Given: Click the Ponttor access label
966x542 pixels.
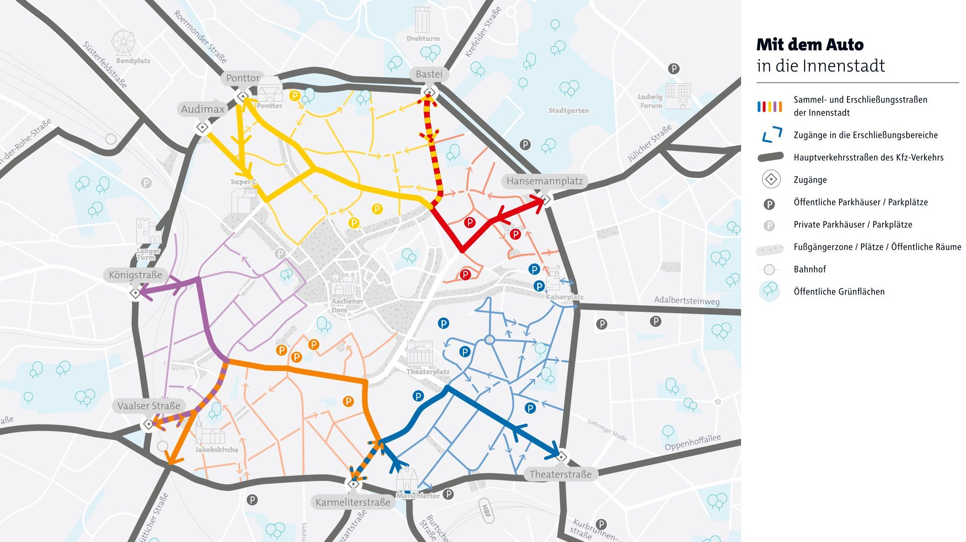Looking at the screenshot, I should (243, 78).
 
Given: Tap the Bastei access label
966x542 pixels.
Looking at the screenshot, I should (429, 74).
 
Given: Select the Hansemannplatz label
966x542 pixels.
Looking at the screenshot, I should (545, 181).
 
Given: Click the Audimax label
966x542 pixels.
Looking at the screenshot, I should (203, 110).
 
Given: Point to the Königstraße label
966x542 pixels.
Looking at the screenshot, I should (135, 275).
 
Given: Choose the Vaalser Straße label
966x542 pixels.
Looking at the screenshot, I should (148, 406).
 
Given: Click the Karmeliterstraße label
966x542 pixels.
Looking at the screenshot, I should (353, 502).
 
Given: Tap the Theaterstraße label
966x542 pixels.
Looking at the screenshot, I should (560, 474).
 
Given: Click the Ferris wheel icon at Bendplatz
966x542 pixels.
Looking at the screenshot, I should (124, 43).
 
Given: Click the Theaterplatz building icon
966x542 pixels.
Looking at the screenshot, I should (420, 353).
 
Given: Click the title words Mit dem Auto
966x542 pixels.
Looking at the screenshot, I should (810, 45).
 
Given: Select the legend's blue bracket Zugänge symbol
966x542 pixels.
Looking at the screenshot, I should (772, 135).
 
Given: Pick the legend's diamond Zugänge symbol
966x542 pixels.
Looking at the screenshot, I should (771, 179).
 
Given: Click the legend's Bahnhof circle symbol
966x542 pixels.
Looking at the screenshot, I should (769, 269).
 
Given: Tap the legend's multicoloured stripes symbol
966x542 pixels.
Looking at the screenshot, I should (769, 106).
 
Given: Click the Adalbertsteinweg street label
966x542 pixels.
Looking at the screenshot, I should (686, 301).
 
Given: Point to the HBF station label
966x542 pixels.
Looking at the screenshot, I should (486, 511).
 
